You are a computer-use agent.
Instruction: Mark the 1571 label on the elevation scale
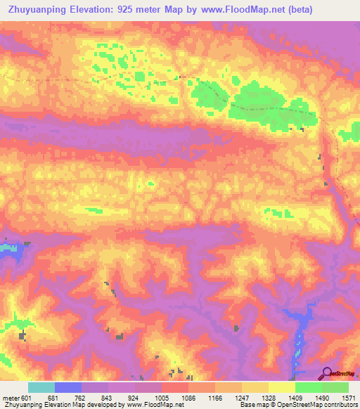click(x=347, y=398)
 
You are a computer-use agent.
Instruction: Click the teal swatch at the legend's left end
click(x=41, y=387)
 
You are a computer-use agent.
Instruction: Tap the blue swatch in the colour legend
click(x=68, y=387)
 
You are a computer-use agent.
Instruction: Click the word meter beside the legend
click(x=10, y=398)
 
